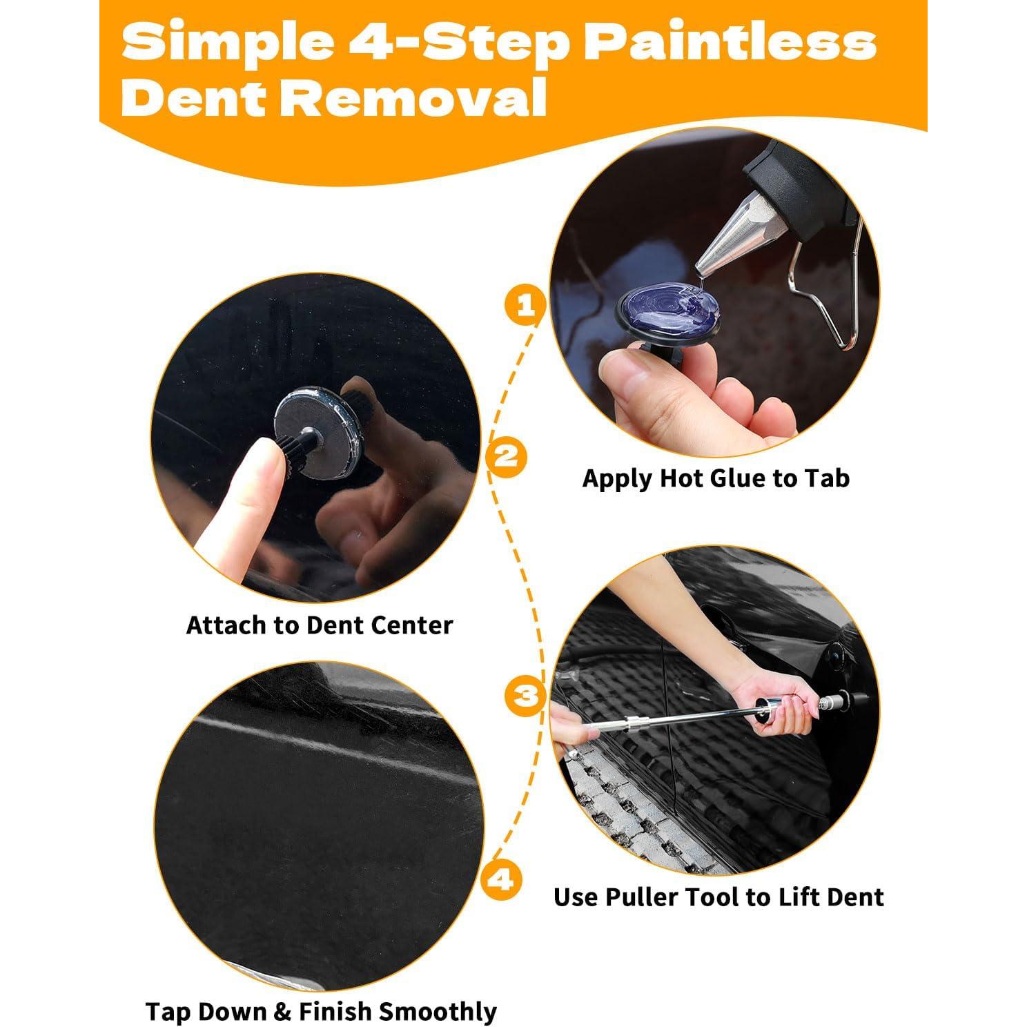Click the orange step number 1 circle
click(525, 304)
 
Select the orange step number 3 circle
click(526, 694)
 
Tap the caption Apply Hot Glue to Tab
click(716, 478)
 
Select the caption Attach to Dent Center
click(319, 625)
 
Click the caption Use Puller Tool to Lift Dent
click(718, 897)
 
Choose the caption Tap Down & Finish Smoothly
click(321, 1011)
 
